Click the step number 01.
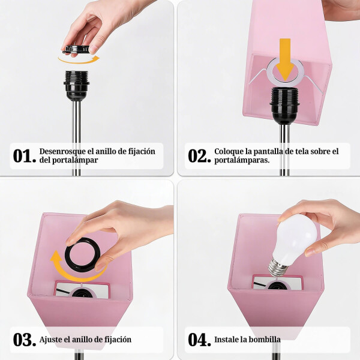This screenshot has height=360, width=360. pos(25,156)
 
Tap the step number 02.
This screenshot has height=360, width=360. pos(199,156)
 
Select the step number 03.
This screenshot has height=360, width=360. pos(25,340)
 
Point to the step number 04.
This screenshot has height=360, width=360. pos(199,340)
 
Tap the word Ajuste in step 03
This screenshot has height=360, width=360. pos(52,340)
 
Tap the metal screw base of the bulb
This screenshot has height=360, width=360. pos(277,265)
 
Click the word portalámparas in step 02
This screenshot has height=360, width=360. pos(242,161)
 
